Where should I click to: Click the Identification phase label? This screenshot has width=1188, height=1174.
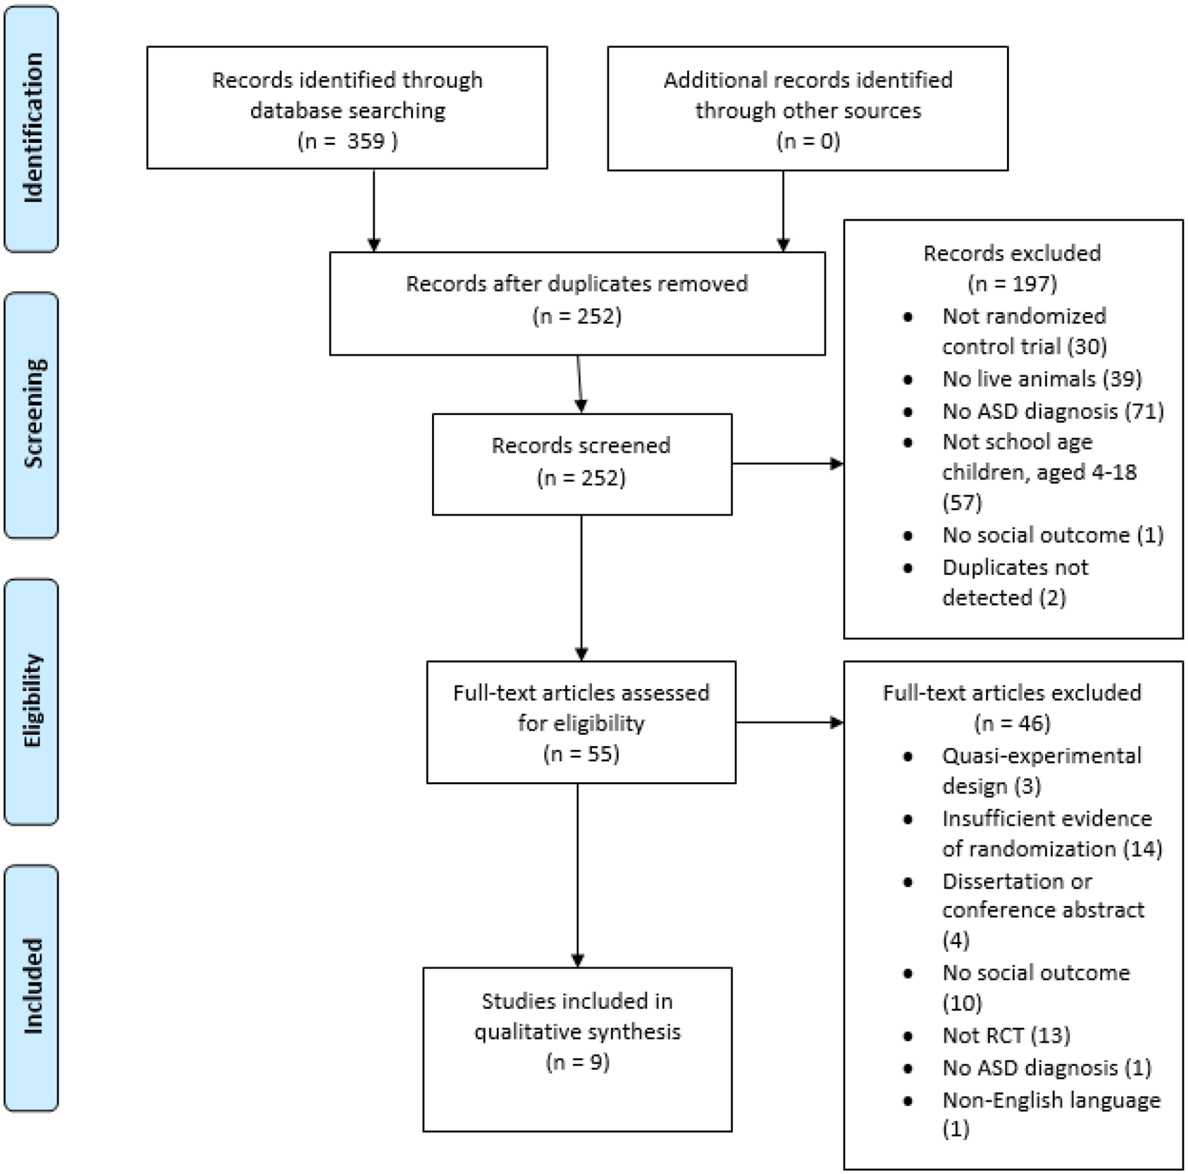pos(32,128)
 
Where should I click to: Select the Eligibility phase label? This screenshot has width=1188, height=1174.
pos(32,701)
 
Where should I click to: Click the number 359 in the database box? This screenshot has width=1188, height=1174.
pos(366,141)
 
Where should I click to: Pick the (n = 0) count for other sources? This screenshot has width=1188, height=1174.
pos(808,141)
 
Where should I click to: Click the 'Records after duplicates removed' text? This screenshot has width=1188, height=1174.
pos(577,283)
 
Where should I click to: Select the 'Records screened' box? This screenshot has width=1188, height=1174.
pos(582,464)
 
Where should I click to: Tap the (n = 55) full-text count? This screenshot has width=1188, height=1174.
pos(581,753)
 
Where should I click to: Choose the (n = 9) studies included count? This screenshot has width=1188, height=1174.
pos(578,1062)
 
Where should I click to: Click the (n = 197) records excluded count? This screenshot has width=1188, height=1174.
pos(1013,283)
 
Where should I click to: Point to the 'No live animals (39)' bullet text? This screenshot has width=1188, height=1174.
pos(1042,379)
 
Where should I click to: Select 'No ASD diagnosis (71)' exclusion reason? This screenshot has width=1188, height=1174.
pos(1053,411)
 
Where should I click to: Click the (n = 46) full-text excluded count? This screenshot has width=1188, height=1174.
pos(1013,723)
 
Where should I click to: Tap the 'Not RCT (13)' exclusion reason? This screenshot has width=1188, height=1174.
pos(1006,1035)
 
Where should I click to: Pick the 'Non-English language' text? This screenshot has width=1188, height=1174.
pos(1052,1100)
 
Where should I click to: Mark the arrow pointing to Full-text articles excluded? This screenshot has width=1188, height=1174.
pos(790,723)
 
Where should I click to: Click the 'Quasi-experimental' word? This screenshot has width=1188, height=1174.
pos(1042,756)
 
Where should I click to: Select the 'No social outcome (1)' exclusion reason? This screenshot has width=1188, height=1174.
pos(1053,535)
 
